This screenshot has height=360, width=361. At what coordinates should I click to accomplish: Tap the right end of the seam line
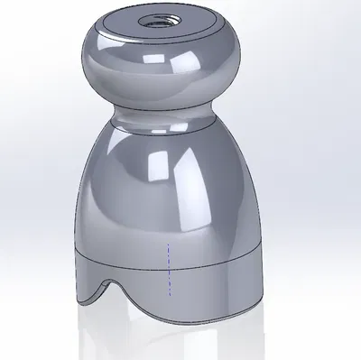264,248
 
